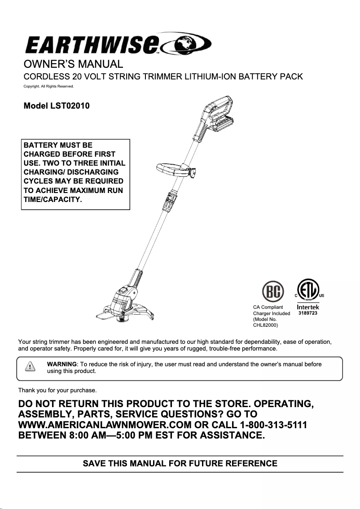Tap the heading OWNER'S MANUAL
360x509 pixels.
tap(73, 64)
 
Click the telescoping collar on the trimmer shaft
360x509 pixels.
tap(169, 202)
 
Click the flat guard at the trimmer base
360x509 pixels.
tap(107, 314)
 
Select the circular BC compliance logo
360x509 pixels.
tap(272, 292)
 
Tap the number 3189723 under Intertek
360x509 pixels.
tap(308, 313)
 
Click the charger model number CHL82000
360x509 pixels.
tap(266, 325)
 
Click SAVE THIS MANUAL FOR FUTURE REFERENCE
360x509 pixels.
tap(180, 463)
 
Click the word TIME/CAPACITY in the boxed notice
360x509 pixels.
tap(53, 199)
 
